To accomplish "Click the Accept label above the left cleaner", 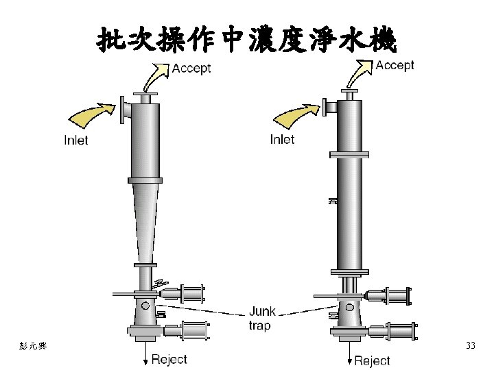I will pos(191,69).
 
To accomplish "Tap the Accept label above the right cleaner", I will pos(395,65).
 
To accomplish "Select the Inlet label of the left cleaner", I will pos(75,140).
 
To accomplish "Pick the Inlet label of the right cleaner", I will pos(282,139).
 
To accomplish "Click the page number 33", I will pos(470,345).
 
